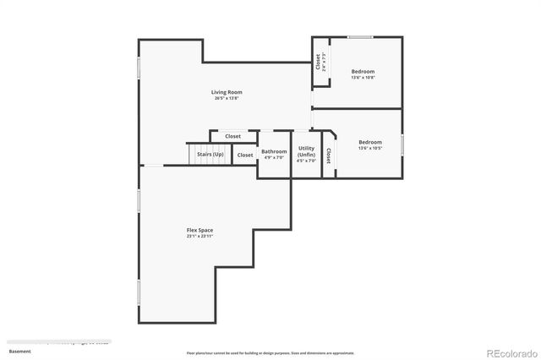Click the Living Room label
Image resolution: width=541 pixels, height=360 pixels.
point(227,91)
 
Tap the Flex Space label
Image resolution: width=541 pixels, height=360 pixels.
point(199,230)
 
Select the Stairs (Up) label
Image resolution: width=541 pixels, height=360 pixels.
point(210,155)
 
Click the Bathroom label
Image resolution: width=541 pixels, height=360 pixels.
point(274,151)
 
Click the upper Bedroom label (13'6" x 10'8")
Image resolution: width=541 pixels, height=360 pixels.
point(363,72)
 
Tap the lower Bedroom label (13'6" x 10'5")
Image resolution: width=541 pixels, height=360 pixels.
point(369,142)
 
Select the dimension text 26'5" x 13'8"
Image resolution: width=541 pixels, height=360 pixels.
point(227,99)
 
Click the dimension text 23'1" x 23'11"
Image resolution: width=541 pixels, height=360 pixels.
point(199,237)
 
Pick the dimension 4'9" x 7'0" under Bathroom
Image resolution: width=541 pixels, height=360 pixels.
point(274,158)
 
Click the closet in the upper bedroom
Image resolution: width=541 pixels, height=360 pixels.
point(319,62)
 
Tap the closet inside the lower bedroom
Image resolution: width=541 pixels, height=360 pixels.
point(329,156)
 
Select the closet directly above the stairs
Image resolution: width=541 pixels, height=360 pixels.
point(232,136)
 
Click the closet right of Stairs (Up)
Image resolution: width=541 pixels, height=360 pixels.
point(244,155)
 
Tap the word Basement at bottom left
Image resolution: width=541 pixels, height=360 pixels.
point(19,351)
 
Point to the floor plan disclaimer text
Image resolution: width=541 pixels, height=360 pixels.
point(270,353)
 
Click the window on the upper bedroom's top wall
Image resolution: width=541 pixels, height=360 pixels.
point(361,36)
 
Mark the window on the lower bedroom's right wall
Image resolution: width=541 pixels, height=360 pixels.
point(402,144)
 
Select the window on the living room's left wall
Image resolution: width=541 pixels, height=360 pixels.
point(139,69)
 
